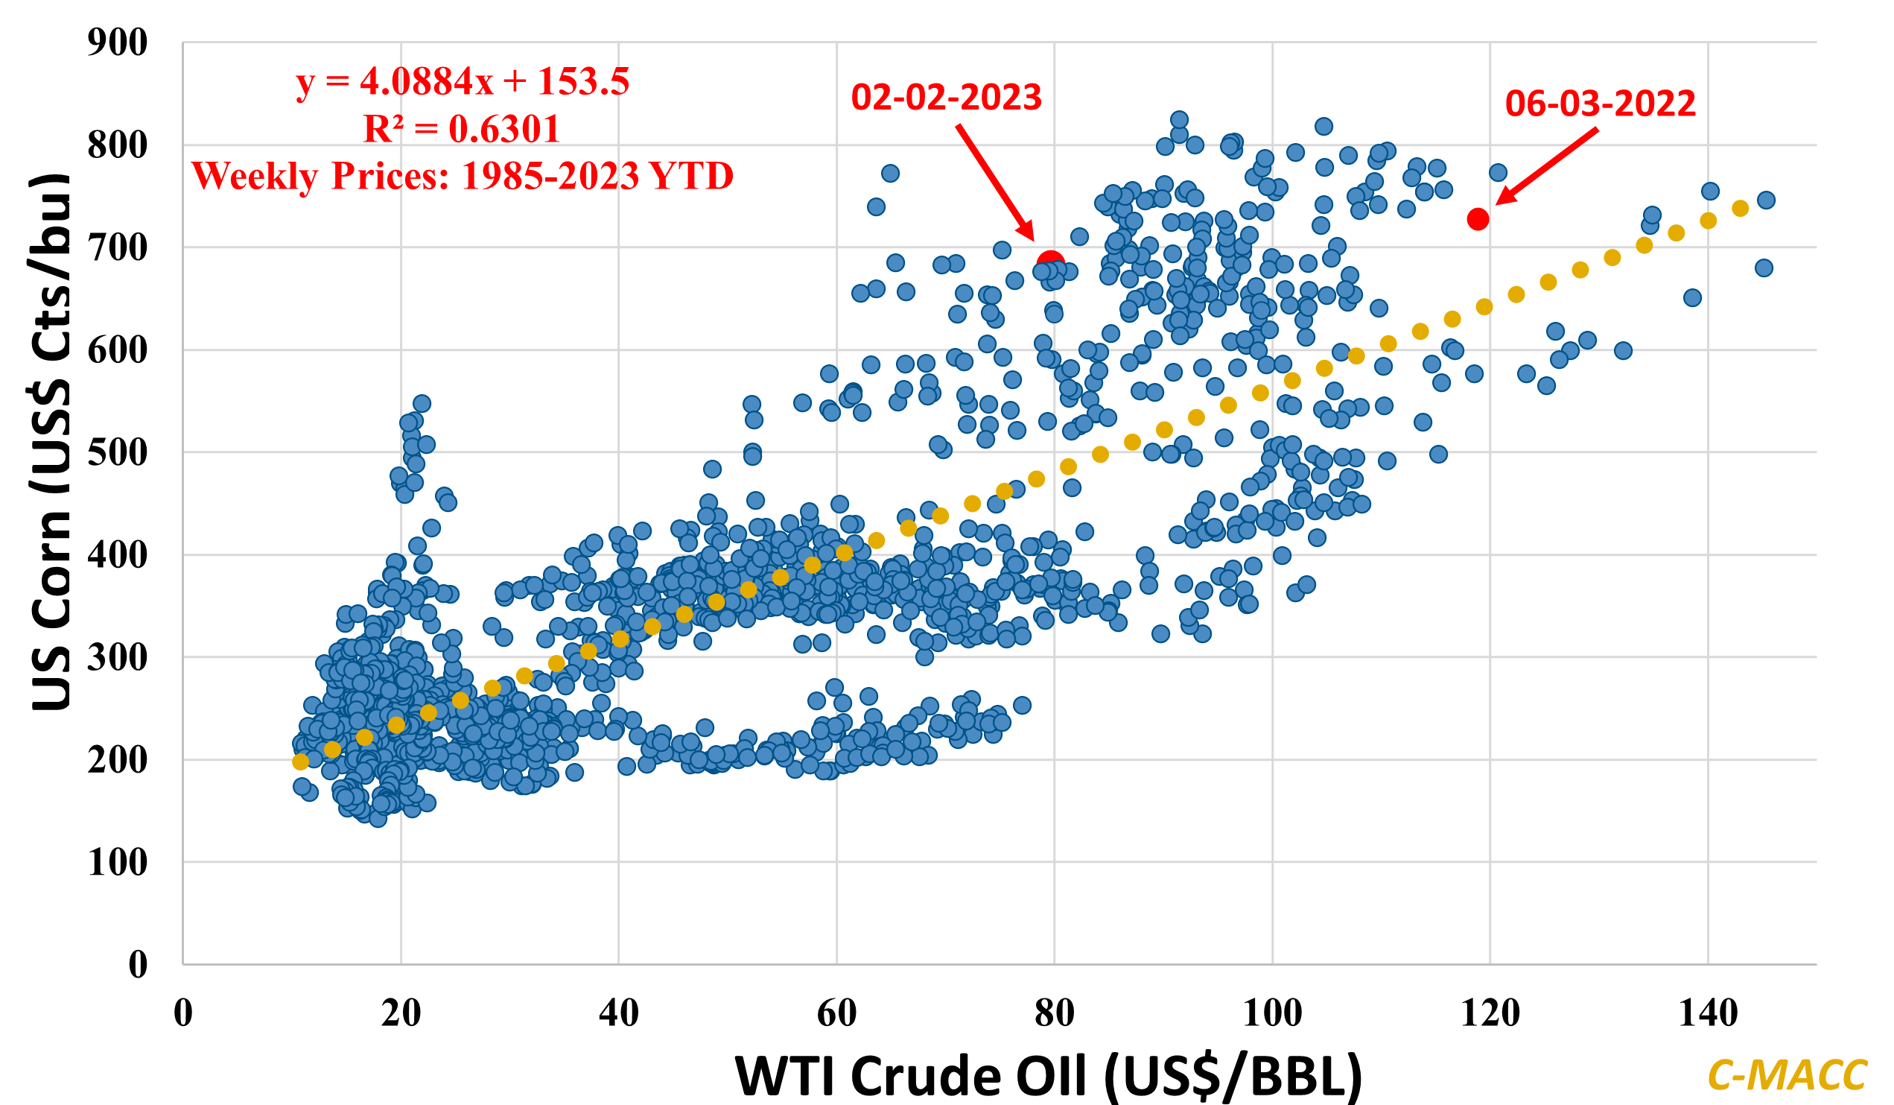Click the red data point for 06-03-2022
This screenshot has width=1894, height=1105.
coord(1478,219)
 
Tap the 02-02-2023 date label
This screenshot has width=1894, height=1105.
coord(946,98)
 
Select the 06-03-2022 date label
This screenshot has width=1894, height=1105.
coord(1600,104)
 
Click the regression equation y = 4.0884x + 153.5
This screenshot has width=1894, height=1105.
coord(463,81)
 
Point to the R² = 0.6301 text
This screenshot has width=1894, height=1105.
coord(462,130)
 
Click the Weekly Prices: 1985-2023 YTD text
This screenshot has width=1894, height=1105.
coord(463,176)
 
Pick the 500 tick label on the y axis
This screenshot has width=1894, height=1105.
coord(117,452)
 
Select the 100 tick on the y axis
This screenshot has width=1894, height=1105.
coord(117,862)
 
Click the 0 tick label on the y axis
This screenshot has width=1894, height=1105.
coord(138,964)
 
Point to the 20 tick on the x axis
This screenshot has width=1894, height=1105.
coord(401,1013)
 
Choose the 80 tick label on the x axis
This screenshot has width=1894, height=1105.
coord(1054,1013)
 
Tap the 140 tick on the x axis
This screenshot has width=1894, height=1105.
coord(1708,1013)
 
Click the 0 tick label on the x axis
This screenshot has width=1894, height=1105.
coord(183,1013)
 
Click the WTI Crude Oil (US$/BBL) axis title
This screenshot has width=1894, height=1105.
coord(1048,1076)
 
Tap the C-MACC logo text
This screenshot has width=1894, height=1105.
coord(1787,1076)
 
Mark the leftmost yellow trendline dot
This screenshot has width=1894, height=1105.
coord(301,762)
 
